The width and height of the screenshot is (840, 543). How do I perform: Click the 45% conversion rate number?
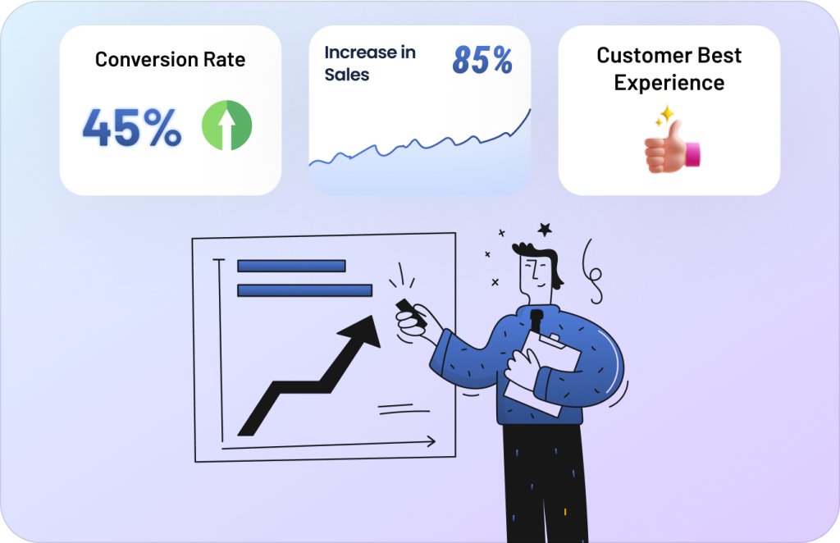(132, 127)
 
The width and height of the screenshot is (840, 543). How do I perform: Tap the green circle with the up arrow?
(226, 125)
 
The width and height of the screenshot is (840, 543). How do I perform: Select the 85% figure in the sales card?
(482, 59)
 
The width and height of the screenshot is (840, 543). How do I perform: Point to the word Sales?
(347, 75)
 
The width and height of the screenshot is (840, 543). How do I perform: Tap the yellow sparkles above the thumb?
(664, 115)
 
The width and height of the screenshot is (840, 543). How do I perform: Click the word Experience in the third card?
(669, 83)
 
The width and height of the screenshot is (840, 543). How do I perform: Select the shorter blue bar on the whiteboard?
(291, 266)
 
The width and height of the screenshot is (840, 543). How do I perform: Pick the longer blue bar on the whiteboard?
(305, 290)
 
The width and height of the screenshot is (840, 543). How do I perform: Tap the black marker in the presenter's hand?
(411, 313)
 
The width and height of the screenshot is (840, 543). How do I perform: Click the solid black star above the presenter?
(545, 230)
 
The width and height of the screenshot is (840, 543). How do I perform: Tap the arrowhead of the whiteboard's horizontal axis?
(431, 441)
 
